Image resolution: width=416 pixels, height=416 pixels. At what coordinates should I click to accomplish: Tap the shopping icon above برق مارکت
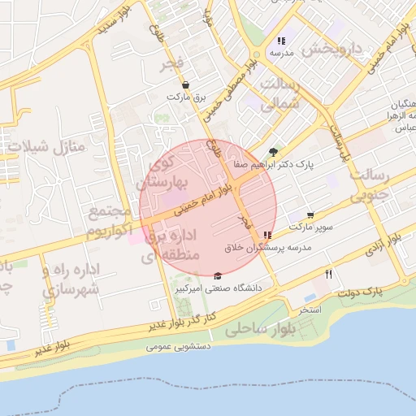point(186,84)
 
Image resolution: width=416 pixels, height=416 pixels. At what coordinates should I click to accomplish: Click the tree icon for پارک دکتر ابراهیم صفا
point(273,152)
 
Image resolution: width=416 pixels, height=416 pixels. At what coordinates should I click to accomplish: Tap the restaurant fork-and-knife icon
point(328,274)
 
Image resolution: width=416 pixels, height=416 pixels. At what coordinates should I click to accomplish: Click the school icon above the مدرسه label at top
point(281,41)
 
